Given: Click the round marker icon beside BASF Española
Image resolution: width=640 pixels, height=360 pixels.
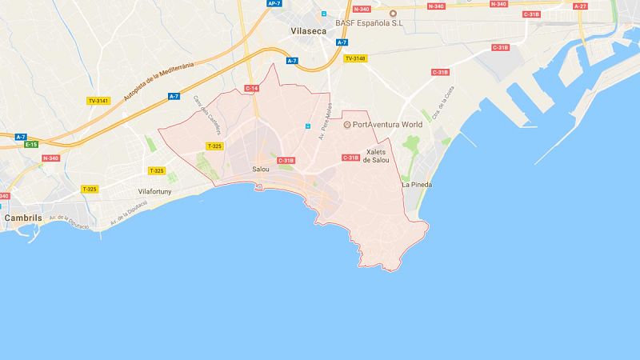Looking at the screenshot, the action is point(393,13).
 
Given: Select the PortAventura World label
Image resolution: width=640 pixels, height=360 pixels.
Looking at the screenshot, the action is point(386,126).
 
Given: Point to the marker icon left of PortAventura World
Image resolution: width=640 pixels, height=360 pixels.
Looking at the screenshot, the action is point(347,126).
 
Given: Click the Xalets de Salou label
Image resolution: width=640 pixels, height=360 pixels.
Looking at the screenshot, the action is point(376,155).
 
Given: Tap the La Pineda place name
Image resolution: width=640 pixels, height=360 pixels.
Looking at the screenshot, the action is point(416,186).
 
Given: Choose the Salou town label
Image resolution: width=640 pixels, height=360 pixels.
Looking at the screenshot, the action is point(261,170).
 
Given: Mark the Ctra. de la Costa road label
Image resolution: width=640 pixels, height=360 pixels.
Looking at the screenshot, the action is point(443,112).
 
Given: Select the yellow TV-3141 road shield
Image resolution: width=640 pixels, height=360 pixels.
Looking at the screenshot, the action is point(98,100).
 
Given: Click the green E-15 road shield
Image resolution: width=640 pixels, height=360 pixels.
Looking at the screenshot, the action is point(31,145).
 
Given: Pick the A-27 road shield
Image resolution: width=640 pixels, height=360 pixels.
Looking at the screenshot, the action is point(581,5).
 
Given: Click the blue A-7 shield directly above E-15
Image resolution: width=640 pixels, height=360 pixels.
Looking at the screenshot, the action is point(21,137).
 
